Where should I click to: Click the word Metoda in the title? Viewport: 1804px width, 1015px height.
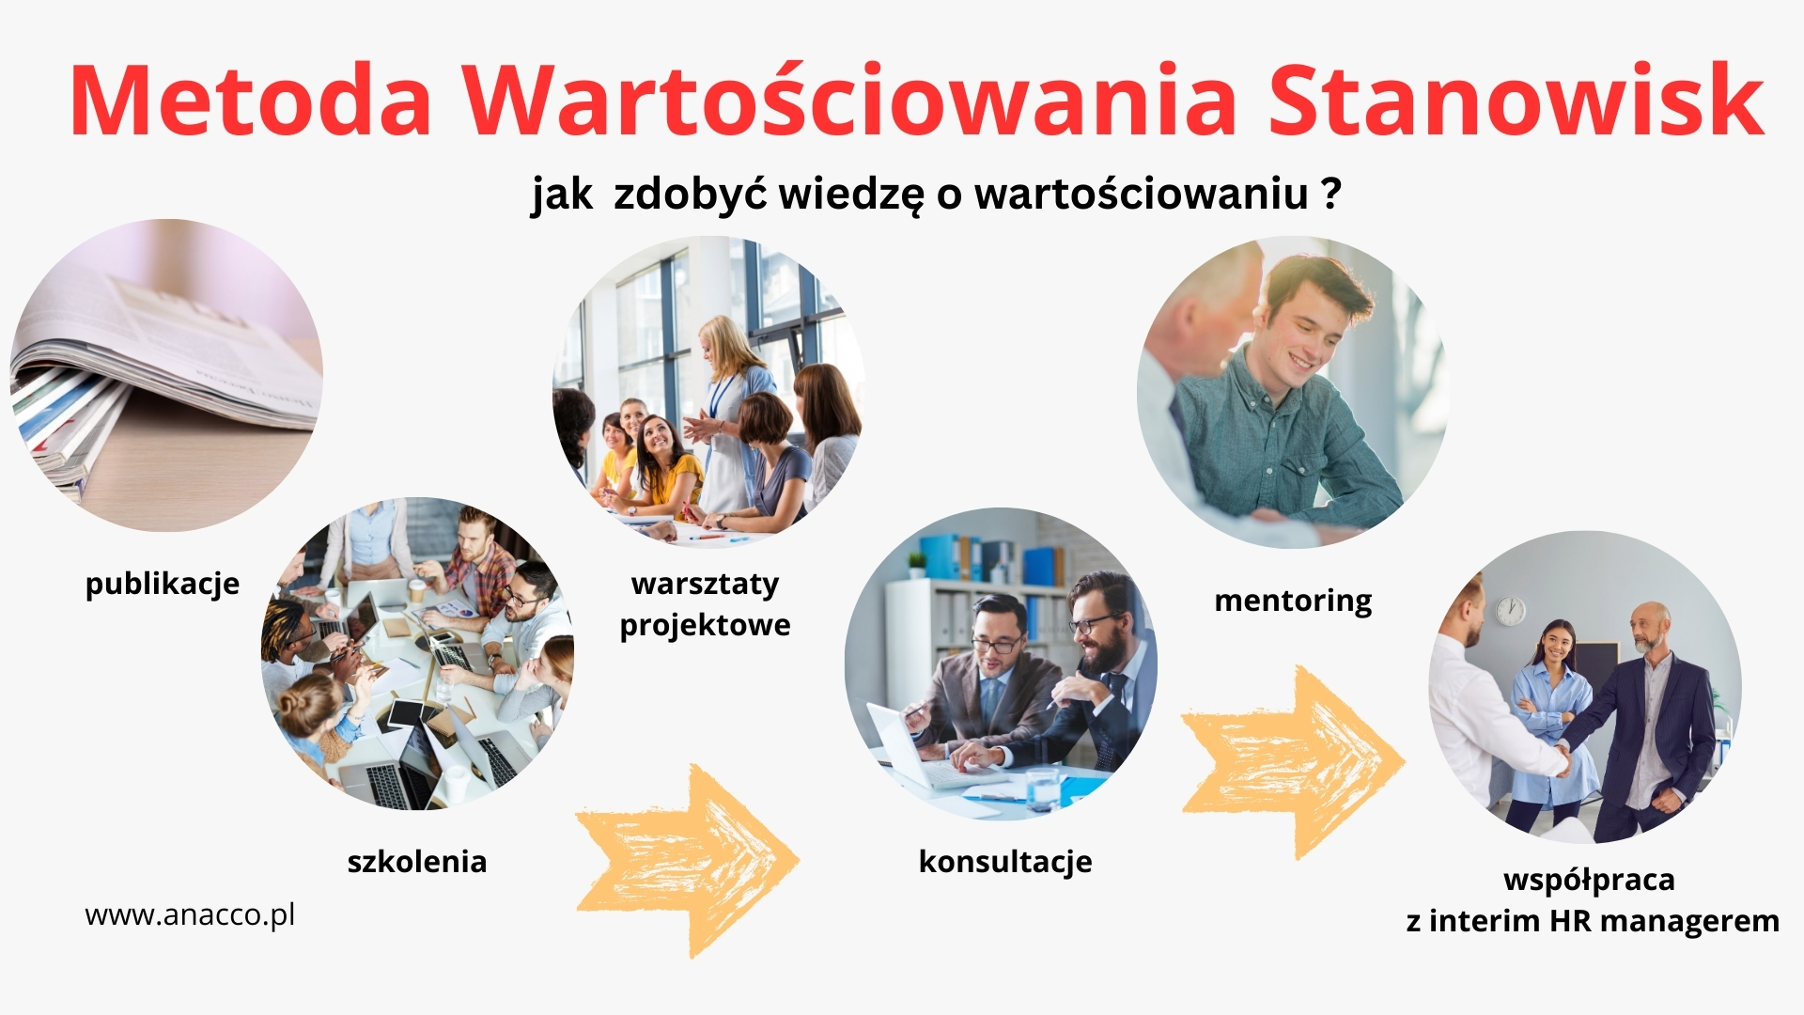[x=251, y=101]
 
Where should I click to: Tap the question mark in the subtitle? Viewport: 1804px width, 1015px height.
[x=1330, y=193]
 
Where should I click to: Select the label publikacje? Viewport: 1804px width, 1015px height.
[x=163, y=585]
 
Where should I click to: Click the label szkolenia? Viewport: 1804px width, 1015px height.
[x=417, y=861]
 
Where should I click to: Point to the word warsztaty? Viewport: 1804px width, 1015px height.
[x=706, y=584]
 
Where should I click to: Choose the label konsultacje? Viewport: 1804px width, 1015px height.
[x=1005, y=862]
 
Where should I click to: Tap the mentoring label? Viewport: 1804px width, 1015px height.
[x=1293, y=601]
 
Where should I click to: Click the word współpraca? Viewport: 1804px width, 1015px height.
[x=1589, y=881]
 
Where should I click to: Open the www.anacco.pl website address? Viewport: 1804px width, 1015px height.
[x=190, y=915]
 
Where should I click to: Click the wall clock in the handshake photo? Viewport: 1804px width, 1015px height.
[x=1510, y=611]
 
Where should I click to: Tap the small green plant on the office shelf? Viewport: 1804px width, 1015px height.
[x=916, y=565]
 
